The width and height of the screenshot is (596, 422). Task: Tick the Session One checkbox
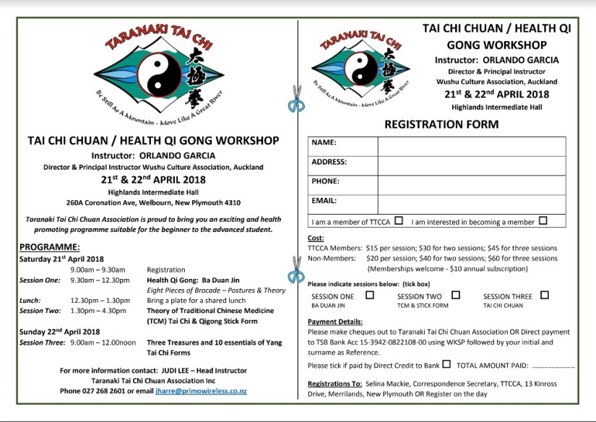pos(370,295)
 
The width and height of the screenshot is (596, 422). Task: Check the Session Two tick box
pos(456,295)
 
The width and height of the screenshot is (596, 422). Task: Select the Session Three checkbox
pos(544,295)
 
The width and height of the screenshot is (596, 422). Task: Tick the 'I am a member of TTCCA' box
pos(399,221)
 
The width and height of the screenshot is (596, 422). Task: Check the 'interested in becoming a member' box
pos(543,221)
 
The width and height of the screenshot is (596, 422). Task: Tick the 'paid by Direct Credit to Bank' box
pos(446,364)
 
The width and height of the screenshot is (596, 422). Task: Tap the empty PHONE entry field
pos(471,184)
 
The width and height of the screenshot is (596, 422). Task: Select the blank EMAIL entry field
pos(471,203)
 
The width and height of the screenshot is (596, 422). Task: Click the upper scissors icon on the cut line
pos(296,98)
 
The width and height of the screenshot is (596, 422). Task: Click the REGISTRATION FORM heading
pos(441,124)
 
